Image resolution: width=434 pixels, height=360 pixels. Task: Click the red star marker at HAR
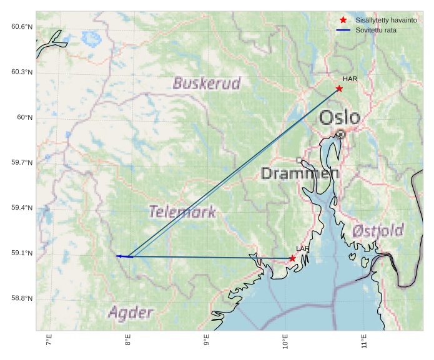click(x=339, y=89)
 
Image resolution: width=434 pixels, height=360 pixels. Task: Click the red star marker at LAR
click(x=292, y=258)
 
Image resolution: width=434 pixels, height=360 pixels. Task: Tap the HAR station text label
click(x=350, y=79)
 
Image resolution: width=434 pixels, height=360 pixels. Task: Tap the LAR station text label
click(x=303, y=249)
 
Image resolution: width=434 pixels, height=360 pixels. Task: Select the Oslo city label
click(x=340, y=117)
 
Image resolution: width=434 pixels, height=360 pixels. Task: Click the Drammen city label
click(x=300, y=173)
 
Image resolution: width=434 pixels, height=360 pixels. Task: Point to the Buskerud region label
click(x=207, y=84)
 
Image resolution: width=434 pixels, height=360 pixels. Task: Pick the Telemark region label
click(x=182, y=212)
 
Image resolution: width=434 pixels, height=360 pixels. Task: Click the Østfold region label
click(x=378, y=231)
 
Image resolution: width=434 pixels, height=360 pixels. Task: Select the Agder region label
click(x=130, y=312)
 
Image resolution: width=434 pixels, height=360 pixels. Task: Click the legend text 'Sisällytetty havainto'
click(x=386, y=21)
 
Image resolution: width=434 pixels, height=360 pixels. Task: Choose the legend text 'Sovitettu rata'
click(x=376, y=30)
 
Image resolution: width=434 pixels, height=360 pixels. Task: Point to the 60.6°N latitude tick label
click(x=21, y=27)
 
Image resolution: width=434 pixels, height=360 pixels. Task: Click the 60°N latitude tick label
click(x=24, y=117)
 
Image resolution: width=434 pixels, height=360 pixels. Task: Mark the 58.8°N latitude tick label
click(x=21, y=298)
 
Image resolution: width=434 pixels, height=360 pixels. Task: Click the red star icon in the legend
click(x=343, y=21)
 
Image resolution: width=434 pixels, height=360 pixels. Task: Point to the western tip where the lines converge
click(x=117, y=256)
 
